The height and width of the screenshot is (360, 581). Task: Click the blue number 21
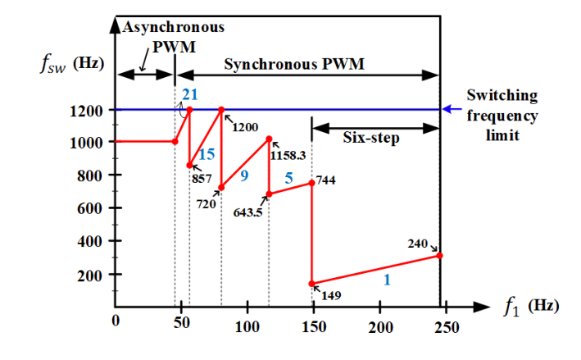189,96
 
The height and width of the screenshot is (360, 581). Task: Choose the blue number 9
243,175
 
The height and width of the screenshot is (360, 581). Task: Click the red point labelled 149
312,284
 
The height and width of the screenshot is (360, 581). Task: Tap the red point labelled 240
440,255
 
